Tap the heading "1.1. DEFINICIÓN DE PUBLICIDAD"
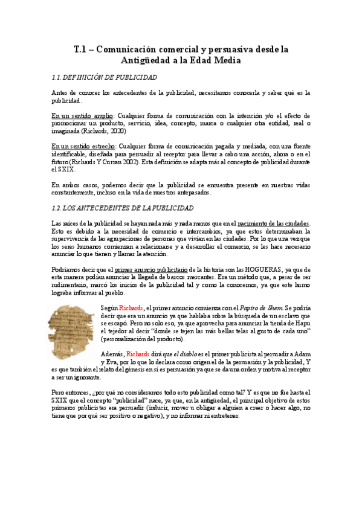point(105,77)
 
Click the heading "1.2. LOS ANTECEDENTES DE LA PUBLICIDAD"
point(123,208)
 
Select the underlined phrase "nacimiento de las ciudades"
point(274,223)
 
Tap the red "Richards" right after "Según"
point(132,308)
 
